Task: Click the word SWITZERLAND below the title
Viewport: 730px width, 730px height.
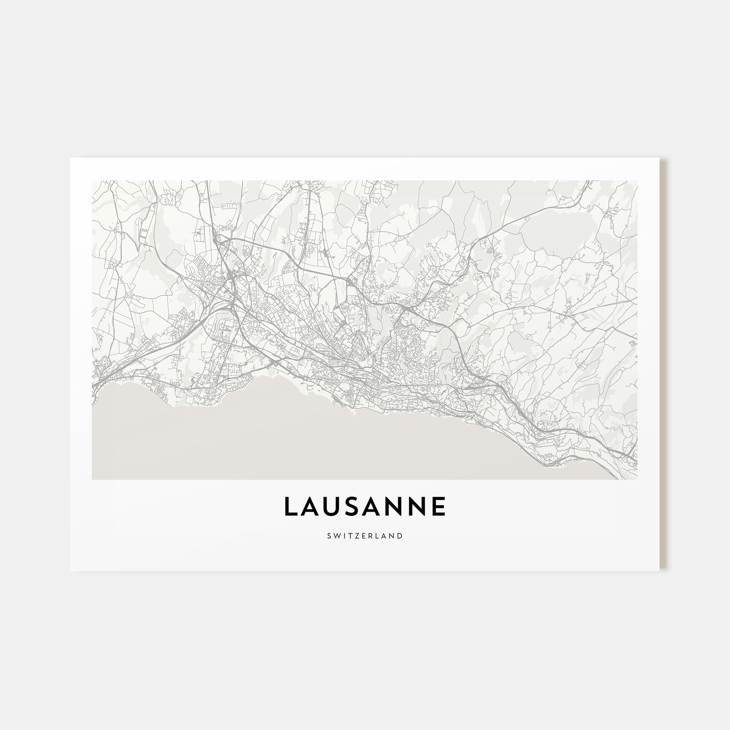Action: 365,536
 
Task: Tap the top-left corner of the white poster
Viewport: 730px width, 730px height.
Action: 71,158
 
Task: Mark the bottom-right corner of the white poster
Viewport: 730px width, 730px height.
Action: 659,570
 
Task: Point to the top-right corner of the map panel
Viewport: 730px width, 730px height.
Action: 637,181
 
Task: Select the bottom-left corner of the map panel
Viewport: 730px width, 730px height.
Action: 92,480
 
